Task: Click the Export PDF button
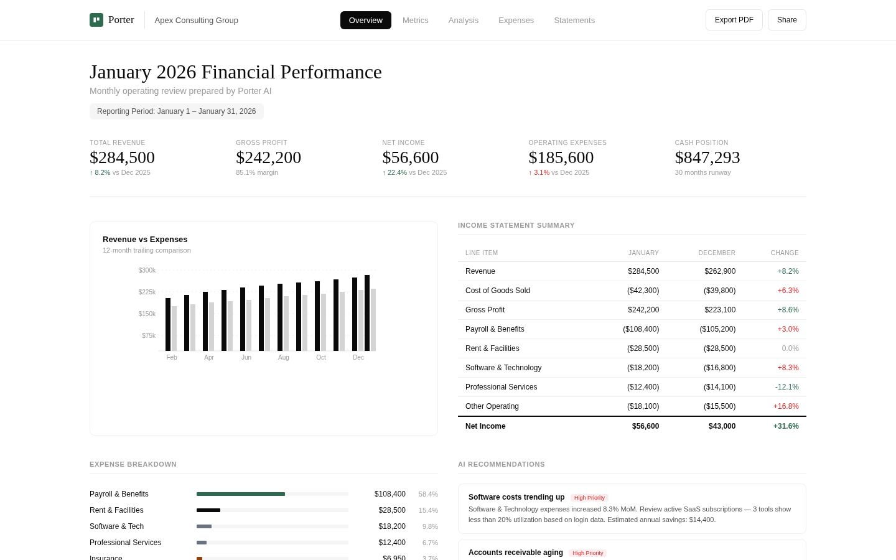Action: [x=734, y=20]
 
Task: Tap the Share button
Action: [x=786, y=20]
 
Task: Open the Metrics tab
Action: [x=415, y=21]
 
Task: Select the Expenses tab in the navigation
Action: [x=516, y=21]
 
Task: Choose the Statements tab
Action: [x=574, y=21]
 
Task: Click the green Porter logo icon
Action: [x=96, y=20]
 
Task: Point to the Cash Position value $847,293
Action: [x=707, y=157]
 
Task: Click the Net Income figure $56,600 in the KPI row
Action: [x=410, y=157]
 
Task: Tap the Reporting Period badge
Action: [x=176, y=111]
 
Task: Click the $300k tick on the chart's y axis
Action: [x=147, y=270]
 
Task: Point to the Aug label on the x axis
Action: [x=284, y=358]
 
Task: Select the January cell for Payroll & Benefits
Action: [x=641, y=329]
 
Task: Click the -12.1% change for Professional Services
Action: [x=786, y=387]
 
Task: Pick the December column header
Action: [x=716, y=253]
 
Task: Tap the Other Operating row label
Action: [x=492, y=406]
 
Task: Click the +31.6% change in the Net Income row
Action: [x=785, y=426]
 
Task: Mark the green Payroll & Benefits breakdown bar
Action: [x=240, y=494]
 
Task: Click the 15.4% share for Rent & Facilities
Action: [x=428, y=510]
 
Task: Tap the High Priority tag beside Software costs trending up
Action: [x=589, y=498]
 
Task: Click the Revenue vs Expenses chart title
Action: [x=145, y=240]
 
